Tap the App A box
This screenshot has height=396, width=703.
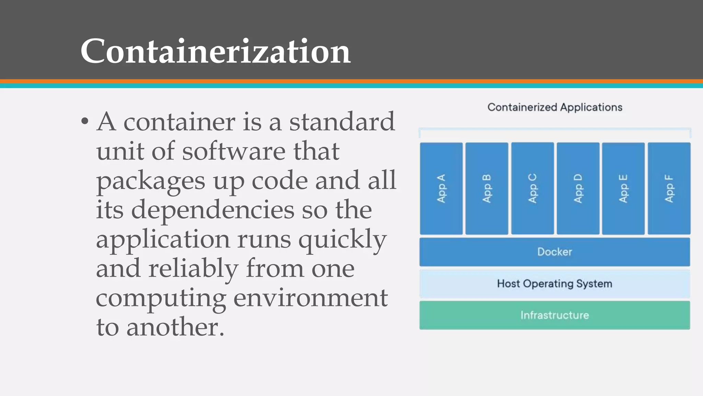pos(441,188)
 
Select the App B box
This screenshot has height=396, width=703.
pos(487,188)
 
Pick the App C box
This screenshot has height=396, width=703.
pos(532,188)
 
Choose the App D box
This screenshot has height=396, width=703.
pos(578,188)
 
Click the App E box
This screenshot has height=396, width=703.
pos(623,188)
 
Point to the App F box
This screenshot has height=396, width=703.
pos(669,188)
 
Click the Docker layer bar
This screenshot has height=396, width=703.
pos(555,252)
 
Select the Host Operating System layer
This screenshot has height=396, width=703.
pos(555,284)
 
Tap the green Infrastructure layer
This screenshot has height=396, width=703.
pos(555,315)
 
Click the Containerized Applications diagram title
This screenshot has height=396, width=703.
pos(555,107)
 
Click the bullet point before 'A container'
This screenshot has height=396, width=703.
pos(85,122)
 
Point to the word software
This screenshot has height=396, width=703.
pos(233,151)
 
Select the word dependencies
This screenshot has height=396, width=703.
pos(212,210)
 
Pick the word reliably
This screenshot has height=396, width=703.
pos(193,268)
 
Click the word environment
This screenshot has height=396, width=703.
pos(310,298)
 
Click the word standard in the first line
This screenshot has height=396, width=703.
pos(342,122)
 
